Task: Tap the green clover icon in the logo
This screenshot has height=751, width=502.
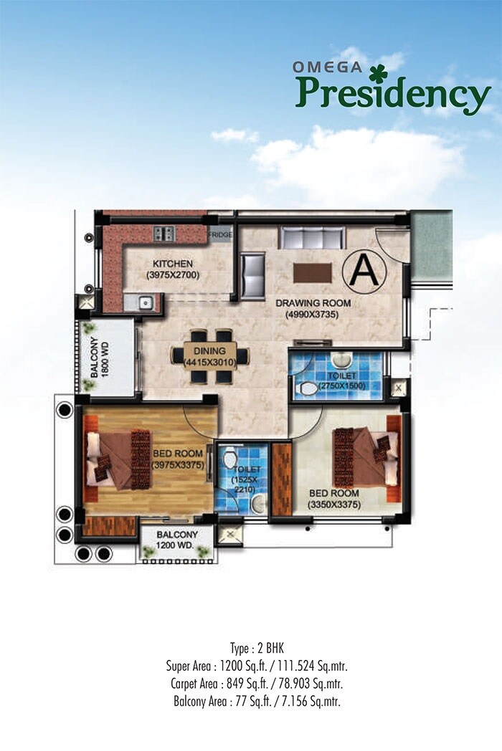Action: tap(379, 73)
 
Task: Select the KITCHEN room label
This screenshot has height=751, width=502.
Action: tap(172, 263)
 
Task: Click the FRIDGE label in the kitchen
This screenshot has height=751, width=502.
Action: tap(220, 234)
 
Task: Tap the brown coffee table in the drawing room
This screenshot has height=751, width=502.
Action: tap(313, 273)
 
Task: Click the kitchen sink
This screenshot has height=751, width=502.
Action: tap(145, 302)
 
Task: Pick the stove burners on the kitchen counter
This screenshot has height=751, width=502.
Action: tap(164, 234)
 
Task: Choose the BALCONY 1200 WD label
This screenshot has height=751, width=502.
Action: tap(176, 540)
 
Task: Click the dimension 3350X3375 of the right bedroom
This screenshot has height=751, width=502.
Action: tap(334, 504)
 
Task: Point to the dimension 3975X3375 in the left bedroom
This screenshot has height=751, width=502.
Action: tap(179, 464)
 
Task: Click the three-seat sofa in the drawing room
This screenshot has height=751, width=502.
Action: tap(312, 237)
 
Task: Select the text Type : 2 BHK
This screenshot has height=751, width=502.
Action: tap(252, 646)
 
